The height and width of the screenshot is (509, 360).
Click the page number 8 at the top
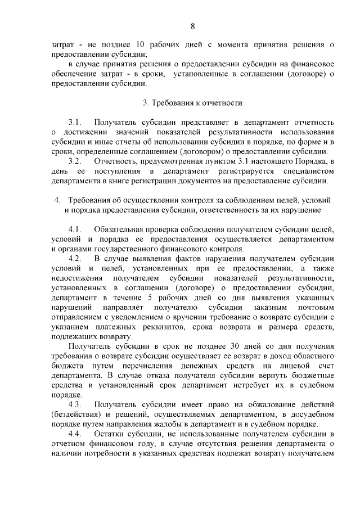point(193,26)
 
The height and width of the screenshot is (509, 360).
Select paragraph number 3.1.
point(75,121)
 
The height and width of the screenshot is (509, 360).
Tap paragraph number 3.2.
point(75,161)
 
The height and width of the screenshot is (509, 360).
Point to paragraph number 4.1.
point(75,229)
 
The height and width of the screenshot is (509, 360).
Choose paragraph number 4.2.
point(75,259)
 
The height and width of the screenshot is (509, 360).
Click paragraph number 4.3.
point(75,404)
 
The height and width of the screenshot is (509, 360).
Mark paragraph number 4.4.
point(75,435)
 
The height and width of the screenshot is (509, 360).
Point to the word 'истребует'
point(257,385)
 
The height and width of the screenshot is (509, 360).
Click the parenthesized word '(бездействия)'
point(76,415)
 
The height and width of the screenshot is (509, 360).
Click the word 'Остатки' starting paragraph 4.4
point(110,435)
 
